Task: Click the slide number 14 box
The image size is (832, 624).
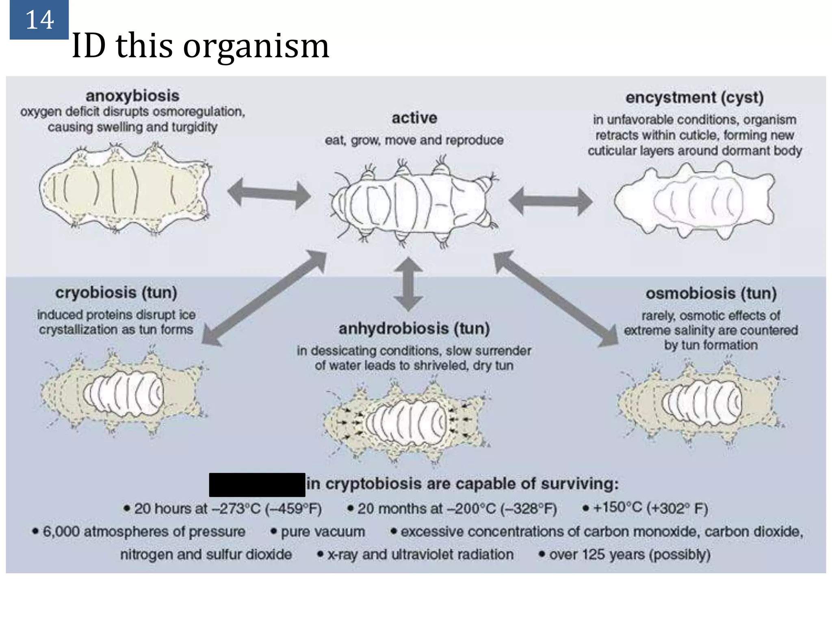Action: [x=39, y=19]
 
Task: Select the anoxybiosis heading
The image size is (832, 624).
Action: [x=132, y=96]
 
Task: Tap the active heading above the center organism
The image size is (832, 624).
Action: [x=414, y=118]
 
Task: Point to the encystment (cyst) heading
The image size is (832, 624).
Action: [x=694, y=97]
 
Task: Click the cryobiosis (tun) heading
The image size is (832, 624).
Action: [x=116, y=292]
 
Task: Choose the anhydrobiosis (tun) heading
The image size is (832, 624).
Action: [x=414, y=328]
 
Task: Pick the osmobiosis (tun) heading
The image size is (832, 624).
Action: [x=711, y=293]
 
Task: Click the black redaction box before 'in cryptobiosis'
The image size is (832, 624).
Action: [x=257, y=485]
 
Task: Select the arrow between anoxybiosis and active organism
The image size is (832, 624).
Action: [x=269, y=194]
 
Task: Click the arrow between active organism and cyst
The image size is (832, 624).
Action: [x=550, y=201]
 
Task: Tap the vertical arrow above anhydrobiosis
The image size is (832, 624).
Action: [x=408, y=284]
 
